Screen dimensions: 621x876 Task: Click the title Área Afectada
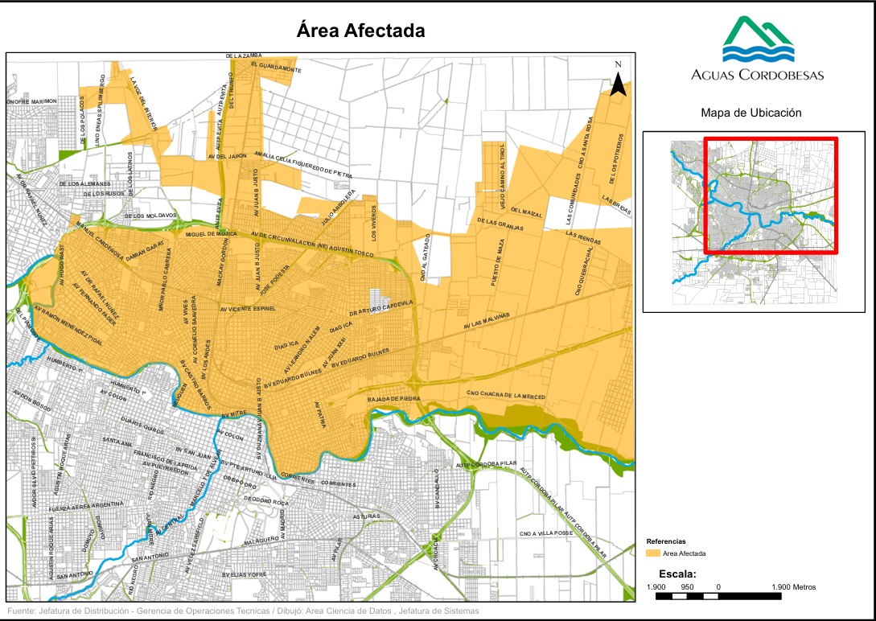pyautogui.click(x=360, y=31)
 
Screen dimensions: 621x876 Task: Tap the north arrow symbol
pyautogui.click(x=618, y=81)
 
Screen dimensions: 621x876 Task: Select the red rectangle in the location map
pyautogui.click(x=771, y=195)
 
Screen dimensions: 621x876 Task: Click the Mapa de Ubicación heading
pyautogui.click(x=751, y=113)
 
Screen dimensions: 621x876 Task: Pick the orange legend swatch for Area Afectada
pyautogui.click(x=653, y=553)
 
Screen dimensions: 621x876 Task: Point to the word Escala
pyautogui.click(x=677, y=574)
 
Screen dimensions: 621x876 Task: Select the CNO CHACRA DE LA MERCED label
pyautogui.click(x=506, y=396)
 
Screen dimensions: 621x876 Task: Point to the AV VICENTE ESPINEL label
pyautogui.click(x=248, y=308)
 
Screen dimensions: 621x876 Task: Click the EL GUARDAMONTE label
pyautogui.click(x=276, y=68)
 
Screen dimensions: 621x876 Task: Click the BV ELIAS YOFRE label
pyautogui.click(x=244, y=575)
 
